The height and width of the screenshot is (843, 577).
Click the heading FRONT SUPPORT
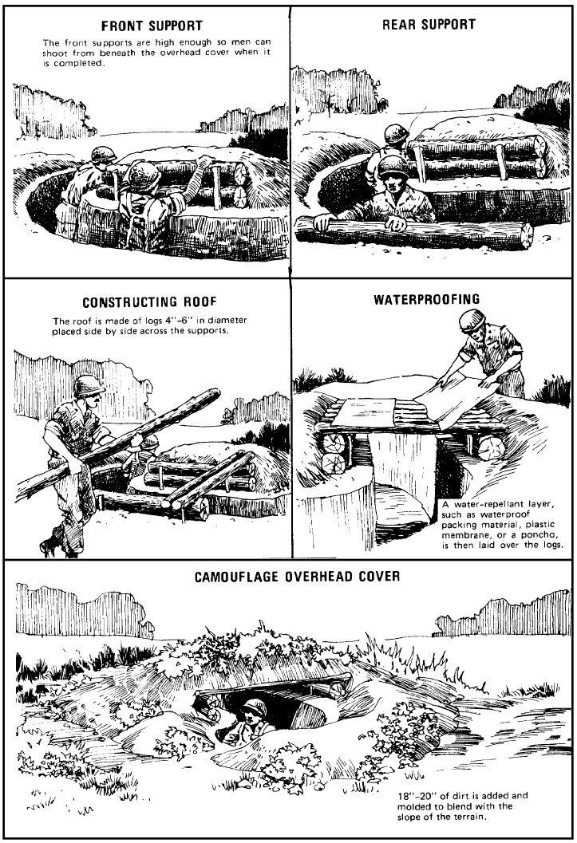(x=152, y=26)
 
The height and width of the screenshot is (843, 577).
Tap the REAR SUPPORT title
(x=429, y=24)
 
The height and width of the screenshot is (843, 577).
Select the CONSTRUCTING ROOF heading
(x=149, y=302)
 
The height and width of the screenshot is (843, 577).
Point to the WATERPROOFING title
(x=427, y=299)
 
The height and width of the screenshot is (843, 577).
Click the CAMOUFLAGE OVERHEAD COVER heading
(x=298, y=577)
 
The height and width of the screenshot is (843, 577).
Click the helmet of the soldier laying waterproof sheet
(x=472, y=320)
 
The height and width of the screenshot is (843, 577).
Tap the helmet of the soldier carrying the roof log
(x=89, y=385)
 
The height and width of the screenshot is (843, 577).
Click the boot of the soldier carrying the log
(x=51, y=547)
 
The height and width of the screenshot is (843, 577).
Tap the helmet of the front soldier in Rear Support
(x=393, y=166)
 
